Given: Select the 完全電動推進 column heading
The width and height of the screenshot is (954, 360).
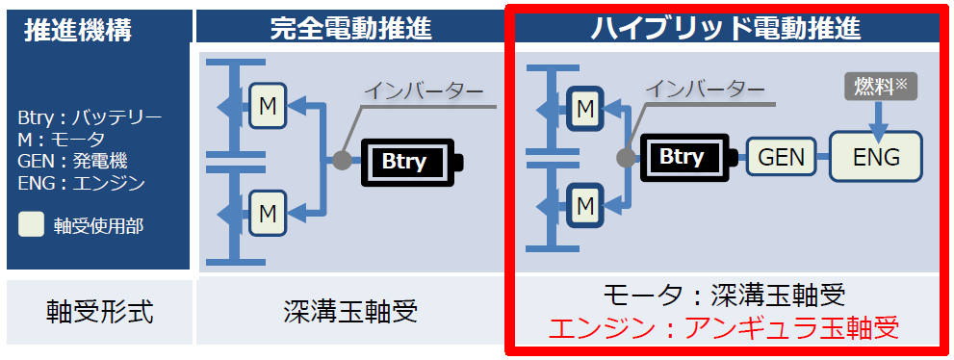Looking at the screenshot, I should [350, 27].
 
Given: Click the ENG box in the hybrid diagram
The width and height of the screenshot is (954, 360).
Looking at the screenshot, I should [876, 157].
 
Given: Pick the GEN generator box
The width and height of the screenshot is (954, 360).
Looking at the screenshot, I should [781, 157].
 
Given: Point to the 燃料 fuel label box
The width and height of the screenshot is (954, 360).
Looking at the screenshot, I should [881, 87].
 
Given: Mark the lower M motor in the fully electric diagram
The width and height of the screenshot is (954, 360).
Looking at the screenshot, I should [268, 211].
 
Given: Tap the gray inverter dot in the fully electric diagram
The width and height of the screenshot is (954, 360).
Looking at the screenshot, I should [341, 161].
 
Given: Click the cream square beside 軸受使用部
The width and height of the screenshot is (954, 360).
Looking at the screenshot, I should [32, 225].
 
